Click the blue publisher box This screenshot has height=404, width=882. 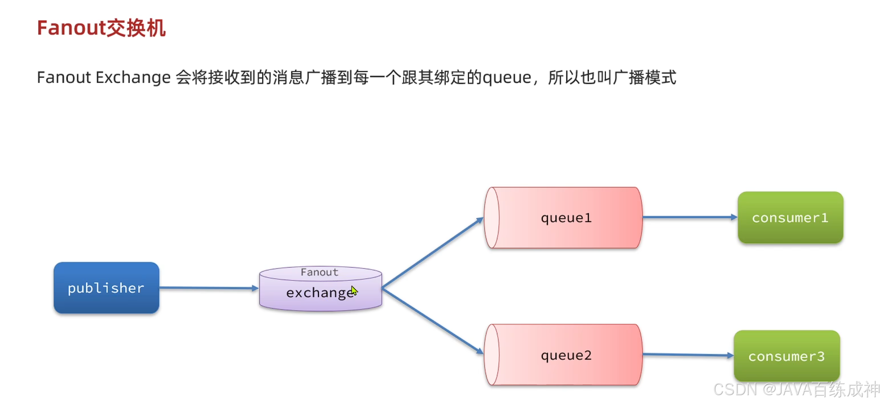[106, 288]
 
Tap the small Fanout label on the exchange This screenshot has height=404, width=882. [319, 272]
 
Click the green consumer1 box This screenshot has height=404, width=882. [790, 217]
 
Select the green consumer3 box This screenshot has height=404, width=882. [786, 356]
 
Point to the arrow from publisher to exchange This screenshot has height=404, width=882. [209, 288]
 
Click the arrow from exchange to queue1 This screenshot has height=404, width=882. [432, 253]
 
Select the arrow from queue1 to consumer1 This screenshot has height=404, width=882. [690, 217]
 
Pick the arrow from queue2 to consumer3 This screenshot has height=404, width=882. [688, 355]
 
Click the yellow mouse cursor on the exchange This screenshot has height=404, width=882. [354, 290]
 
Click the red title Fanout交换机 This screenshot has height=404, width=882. [101, 28]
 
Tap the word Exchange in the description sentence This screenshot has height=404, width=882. [133, 77]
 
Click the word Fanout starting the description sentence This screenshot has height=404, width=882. [64, 77]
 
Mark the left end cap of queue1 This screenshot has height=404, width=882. [492, 218]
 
